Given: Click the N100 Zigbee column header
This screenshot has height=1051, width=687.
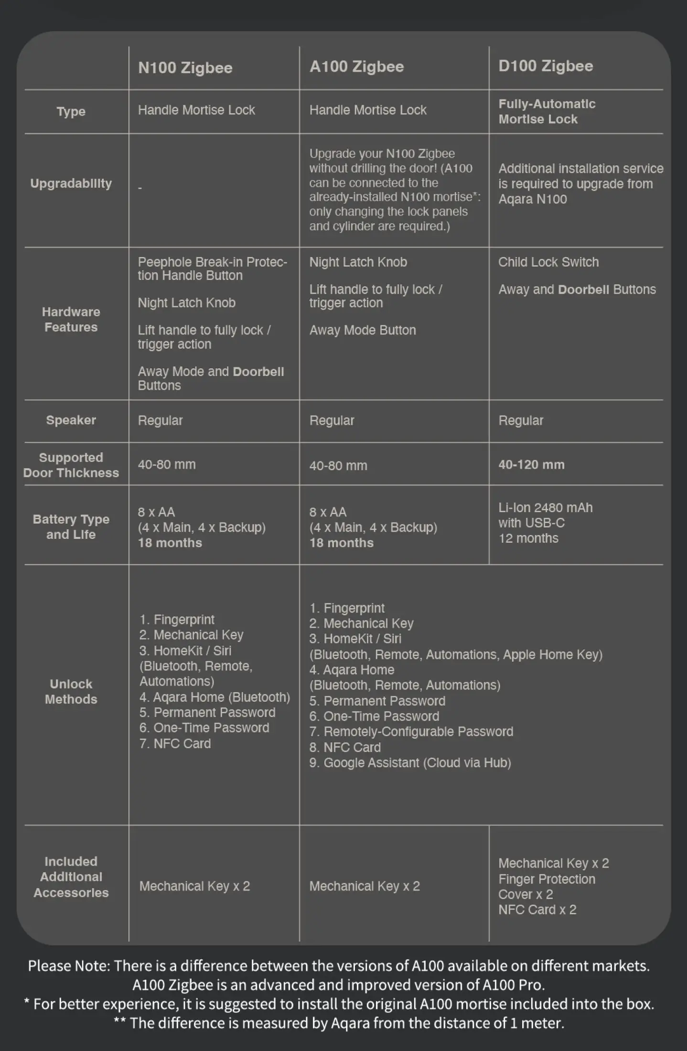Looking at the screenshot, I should click(185, 68).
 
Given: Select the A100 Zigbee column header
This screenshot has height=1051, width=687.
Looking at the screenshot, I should click(356, 66).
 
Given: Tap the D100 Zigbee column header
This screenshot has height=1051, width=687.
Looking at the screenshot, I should click(546, 66).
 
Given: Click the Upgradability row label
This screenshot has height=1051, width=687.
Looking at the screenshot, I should click(71, 183).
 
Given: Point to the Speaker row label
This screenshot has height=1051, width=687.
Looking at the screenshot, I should click(71, 420).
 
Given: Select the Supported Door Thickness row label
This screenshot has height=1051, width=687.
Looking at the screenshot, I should click(71, 465).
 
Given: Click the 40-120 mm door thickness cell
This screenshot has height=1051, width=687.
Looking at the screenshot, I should click(531, 465).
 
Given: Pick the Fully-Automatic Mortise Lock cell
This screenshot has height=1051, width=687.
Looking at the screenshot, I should click(547, 111).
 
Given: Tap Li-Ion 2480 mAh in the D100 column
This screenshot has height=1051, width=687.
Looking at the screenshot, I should click(545, 508).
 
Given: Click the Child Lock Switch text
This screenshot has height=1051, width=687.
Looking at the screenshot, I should click(548, 262).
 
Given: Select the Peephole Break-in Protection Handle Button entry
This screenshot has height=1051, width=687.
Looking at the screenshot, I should click(212, 268).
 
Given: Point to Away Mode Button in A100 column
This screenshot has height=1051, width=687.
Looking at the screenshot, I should click(362, 330).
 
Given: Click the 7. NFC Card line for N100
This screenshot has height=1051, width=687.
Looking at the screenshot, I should click(175, 743).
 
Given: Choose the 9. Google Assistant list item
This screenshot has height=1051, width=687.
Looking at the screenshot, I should click(409, 762).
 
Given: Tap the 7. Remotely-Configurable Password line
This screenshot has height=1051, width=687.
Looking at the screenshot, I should click(411, 731).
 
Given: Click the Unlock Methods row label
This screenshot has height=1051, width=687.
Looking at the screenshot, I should click(71, 691).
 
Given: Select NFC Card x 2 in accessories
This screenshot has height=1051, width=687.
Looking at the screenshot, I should click(537, 910).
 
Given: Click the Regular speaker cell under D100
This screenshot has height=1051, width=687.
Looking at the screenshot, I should click(521, 420).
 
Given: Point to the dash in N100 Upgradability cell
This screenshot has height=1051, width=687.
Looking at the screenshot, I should click(140, 188).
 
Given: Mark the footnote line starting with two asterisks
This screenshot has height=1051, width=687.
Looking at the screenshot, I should click(339, 1023).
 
